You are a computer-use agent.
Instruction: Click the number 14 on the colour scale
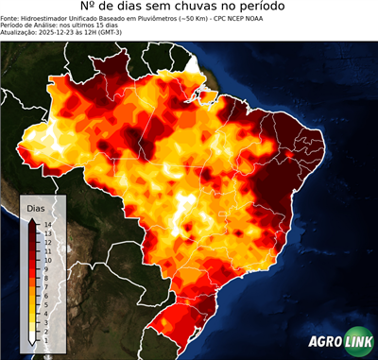[x=47, y=224]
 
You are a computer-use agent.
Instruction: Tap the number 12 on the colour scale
[x=47, y=242]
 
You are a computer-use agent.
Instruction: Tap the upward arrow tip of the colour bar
[x=33, y=219]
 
